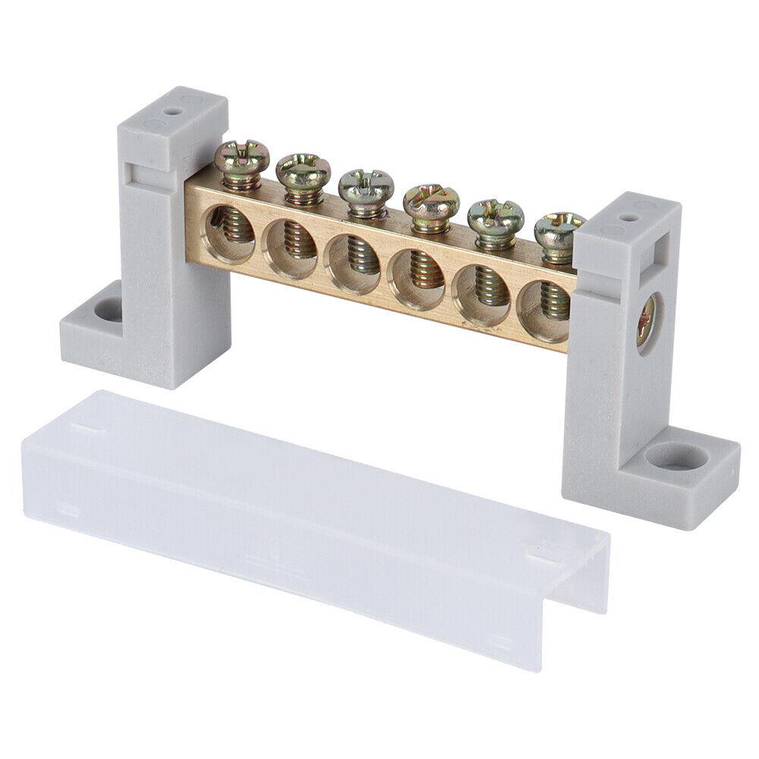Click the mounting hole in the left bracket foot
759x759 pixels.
coord(106,310)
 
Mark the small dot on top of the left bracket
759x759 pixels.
coord(175,109)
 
